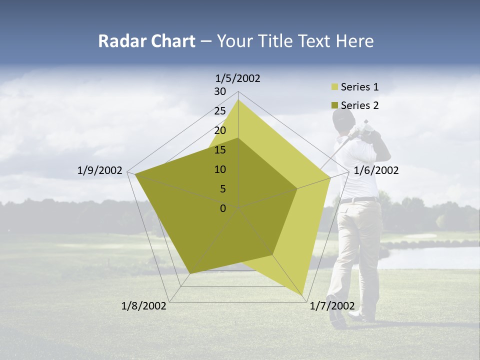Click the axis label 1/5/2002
click(238, 78)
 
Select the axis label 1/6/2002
click(376, 170)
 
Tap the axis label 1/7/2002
click(332, 306)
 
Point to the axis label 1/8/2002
click(144, 306)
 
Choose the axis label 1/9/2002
click(100, 170)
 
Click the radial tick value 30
click(220, 91)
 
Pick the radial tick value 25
click(220, 111)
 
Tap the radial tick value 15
click(220, 150)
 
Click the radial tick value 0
click(223, 208)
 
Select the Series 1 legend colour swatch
click(334, 87)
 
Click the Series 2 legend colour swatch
click(334, 105)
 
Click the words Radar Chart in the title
click(146, 41)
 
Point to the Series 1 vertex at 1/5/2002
click(238, 100)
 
